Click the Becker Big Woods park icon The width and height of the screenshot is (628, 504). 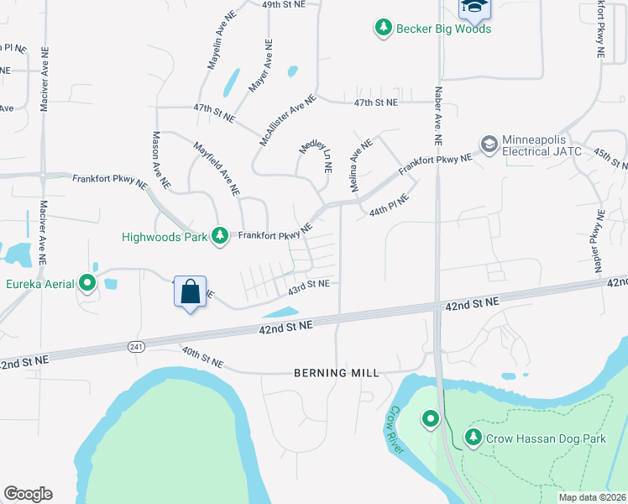pos(384,29)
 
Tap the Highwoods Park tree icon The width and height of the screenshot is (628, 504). pos(220,235)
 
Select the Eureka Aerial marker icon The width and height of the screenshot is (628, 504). pos(87,283)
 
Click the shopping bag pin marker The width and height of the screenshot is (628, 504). pos(191,292)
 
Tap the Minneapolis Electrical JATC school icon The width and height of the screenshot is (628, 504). pos(489,144)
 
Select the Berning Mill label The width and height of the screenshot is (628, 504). pos(336,372)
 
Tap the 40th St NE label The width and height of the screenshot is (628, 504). pos(202,356)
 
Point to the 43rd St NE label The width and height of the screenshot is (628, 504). pos(308,285)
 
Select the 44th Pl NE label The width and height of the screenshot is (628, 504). pos(389,206)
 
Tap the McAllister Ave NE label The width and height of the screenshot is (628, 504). pos(287,119)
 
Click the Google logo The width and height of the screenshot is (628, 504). pos(28,494)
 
